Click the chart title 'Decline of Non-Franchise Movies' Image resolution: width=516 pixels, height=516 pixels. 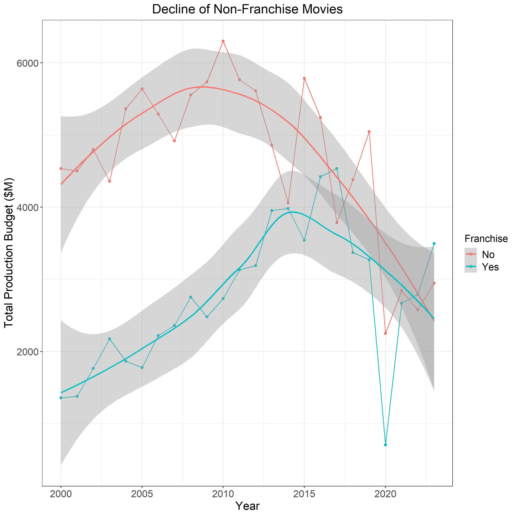click(247, 9)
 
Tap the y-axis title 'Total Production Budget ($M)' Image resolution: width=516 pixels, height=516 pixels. click(9, 252)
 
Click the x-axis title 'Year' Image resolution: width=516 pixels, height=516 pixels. click(247, 506)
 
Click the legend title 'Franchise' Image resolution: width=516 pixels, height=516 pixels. click(486, 239)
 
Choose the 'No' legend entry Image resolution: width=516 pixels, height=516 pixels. click(488, 255)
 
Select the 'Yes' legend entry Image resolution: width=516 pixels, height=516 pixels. click(490, 267)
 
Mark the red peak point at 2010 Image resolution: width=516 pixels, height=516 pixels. click(223, 41)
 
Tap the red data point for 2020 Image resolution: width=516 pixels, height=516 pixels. click(385, 333)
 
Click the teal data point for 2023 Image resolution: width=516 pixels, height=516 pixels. click(434, 244)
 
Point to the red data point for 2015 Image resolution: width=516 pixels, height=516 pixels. click(304, 78)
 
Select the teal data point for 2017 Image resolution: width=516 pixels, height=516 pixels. click(337, 169)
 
